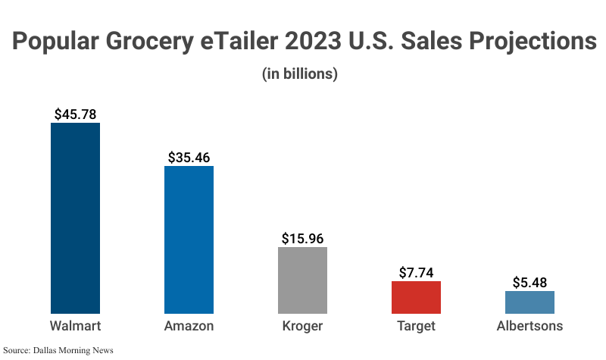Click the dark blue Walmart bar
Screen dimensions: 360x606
click(75, 218)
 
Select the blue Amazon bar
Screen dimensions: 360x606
click(189, 239)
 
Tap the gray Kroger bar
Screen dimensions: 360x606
click(302, 280)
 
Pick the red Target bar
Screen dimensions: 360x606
click(416, 297)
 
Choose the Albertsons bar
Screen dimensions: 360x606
click(529, 302)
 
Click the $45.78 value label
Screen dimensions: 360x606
click(75, 114)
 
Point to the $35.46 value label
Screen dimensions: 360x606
click(189, 158)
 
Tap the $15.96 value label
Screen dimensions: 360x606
click(302, 238)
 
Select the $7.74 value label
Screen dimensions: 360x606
click(416, 273)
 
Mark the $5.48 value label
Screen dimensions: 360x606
click(529, 282)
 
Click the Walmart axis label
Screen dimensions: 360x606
click(75, 327)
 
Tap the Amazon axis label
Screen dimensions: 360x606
click(189, 327)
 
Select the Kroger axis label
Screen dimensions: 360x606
click(302, 327)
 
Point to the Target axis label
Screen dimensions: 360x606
click(416, 327)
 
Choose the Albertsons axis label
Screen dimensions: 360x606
click(529, 327)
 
